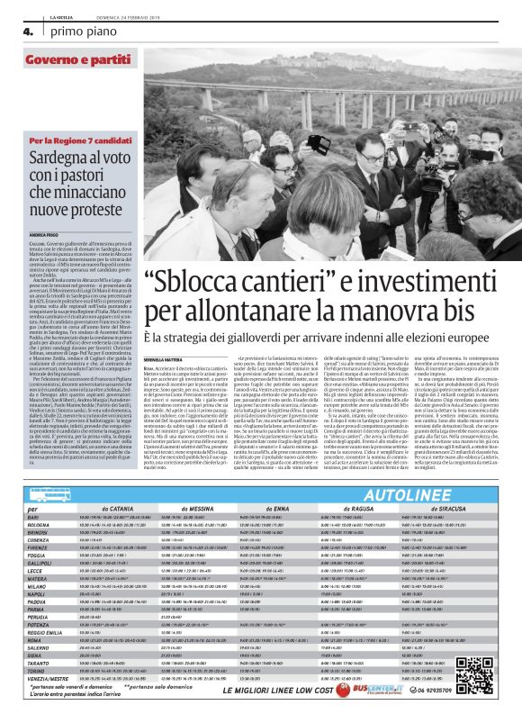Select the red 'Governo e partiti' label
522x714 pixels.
coord(71,60)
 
